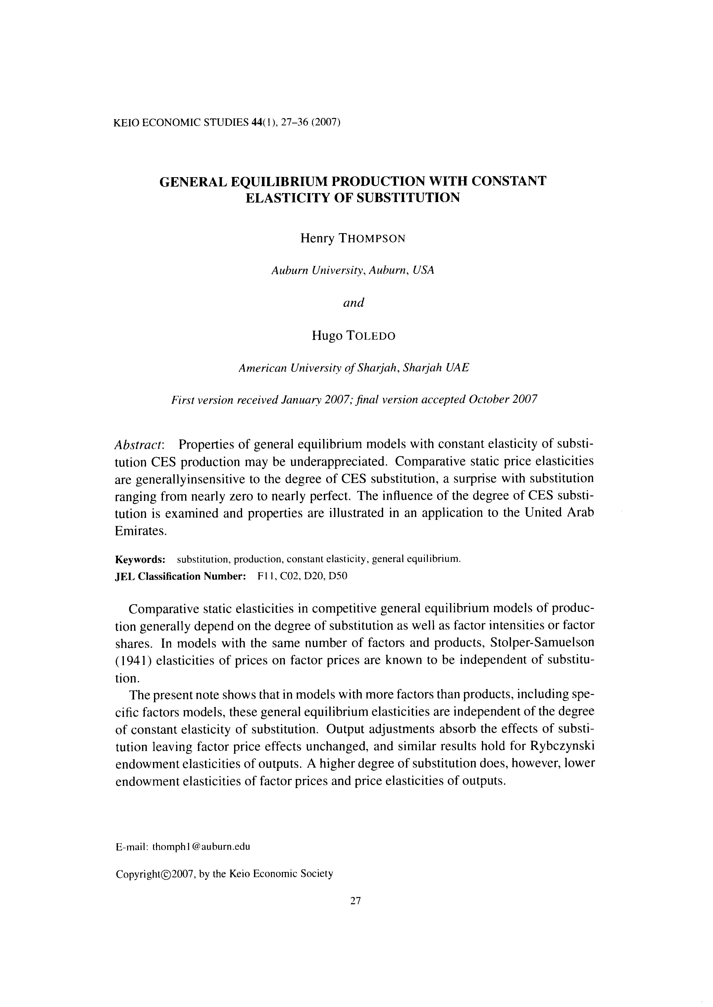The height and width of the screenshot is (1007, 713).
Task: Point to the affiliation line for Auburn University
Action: (353, 270)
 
